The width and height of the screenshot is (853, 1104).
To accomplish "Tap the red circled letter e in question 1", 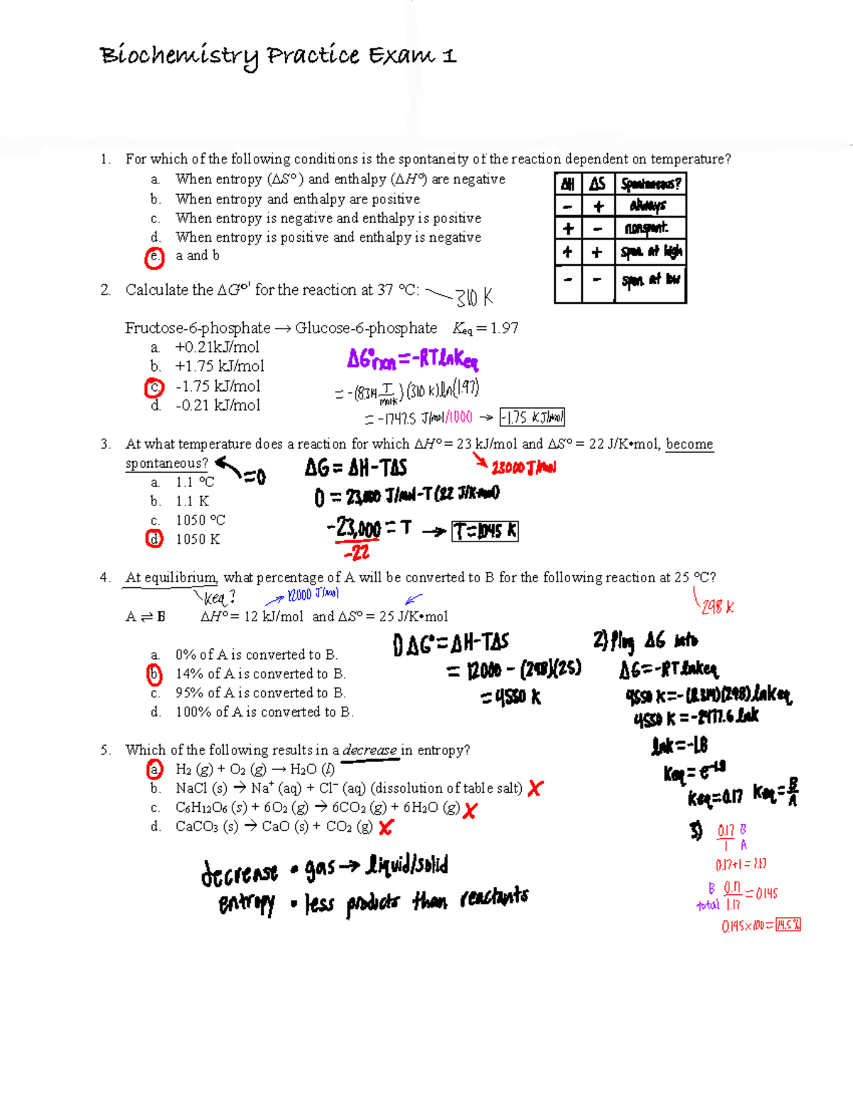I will pyautogui.click(x=154, y=257).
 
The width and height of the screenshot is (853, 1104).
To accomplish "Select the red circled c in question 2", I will pyautogui.click(x=154, y=388).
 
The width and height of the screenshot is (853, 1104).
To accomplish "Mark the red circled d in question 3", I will pyautogui.click(x=154, y=539).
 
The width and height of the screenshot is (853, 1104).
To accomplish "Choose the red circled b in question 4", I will pyautogui.click(x=154, y=674).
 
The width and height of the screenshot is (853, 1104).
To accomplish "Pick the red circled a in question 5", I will pyautogui.click(x=154, y=769).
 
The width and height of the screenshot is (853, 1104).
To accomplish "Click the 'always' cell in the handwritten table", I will pyautogui.click(x=648, y=206).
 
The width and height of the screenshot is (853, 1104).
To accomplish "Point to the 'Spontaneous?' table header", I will pyautogui.click(x=650, y=184).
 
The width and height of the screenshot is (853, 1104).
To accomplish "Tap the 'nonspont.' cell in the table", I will pyautogui.click(x=646, y=228).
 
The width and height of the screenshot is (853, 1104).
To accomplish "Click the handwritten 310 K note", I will pyautogui.click(x=473, y=297).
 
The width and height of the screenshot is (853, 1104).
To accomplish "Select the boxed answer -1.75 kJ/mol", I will pyautogui.click(x=532, y=417).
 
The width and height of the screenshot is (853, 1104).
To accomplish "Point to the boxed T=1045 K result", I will pyautogui.click(x=485, y=531).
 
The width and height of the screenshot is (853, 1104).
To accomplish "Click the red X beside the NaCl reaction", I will pyautogui.click(x=535, y=788).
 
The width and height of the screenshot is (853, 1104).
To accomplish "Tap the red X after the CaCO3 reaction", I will pyautogui.click(x=386, y=827).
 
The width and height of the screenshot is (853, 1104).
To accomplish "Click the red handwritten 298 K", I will pyautogui.click(x=717, y=607).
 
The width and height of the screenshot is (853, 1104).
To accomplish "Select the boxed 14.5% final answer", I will pyautogui.click(x=788, y=925).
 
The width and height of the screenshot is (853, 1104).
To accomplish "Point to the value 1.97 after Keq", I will pyautogui.click(x=504, y=328).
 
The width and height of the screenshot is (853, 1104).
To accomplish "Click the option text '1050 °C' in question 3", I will pyautogui.click(x=200, y=520).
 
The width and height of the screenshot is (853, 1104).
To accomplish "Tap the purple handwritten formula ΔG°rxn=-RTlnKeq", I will pyautogui.click(x=412, y=360).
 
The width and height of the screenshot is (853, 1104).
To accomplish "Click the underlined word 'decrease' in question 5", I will pyautogui.click(x=370, y=750).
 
